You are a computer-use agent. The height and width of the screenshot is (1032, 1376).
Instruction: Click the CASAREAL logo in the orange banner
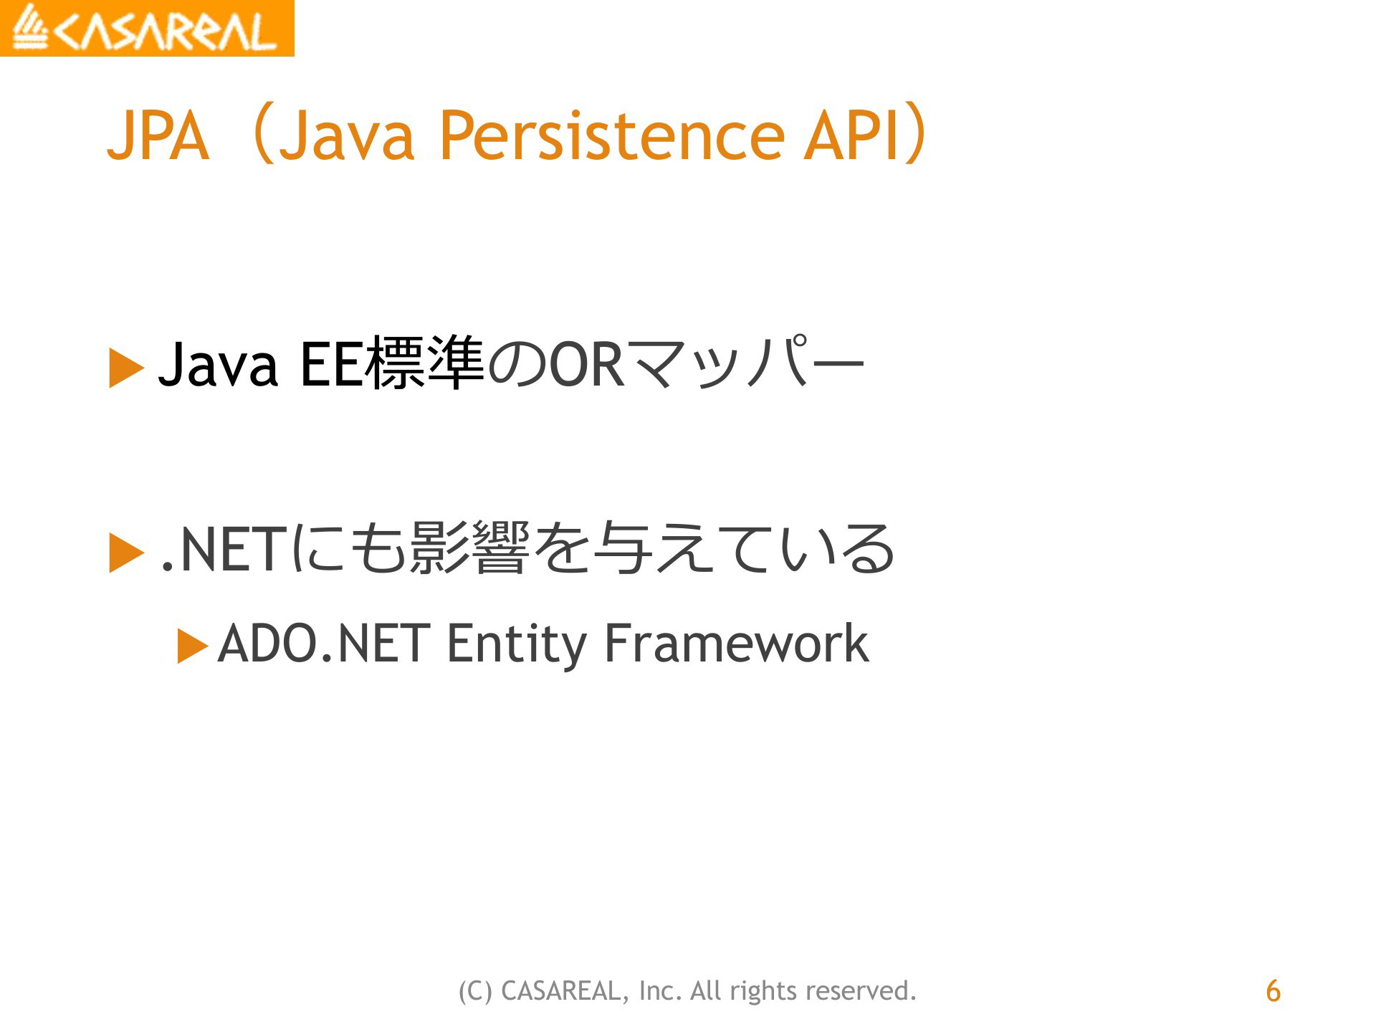146,28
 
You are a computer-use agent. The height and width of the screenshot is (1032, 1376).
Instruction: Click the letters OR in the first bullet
587,365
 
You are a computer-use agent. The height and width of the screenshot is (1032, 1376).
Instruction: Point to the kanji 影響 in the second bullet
470,548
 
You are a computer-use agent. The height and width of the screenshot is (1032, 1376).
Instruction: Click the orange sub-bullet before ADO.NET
193,646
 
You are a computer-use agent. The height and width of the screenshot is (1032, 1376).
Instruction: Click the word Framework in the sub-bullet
737,643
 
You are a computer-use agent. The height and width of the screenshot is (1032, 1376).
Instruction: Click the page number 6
1273,991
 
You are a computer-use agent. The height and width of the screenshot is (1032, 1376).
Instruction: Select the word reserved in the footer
861,991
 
